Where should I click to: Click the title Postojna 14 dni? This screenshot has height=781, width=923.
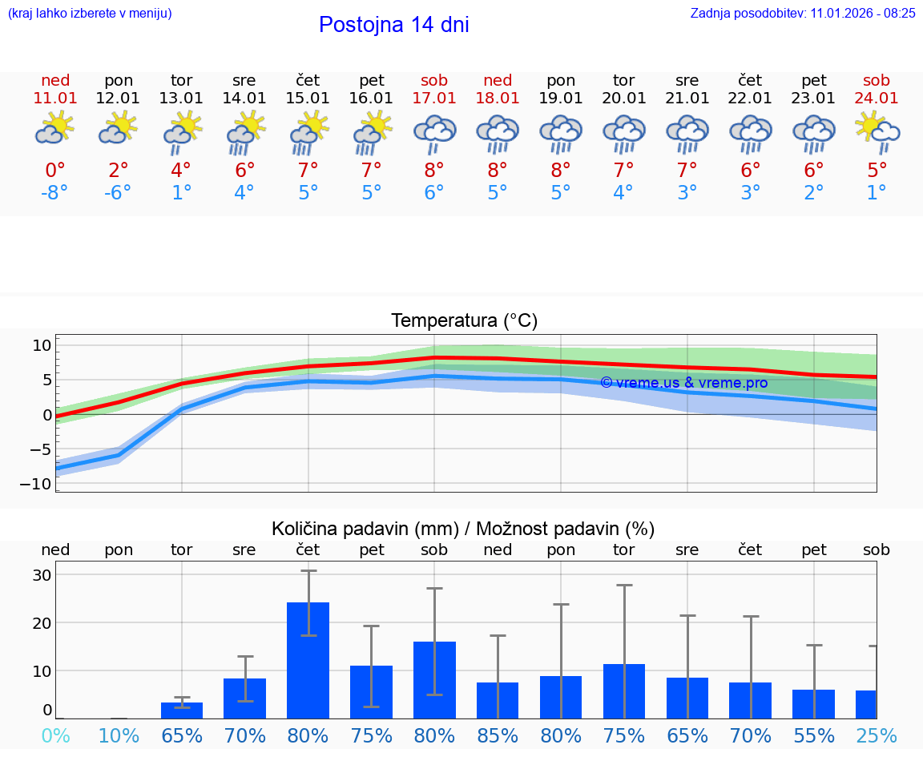393,25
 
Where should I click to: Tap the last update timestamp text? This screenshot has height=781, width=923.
803,13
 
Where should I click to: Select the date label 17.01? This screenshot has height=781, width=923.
434,99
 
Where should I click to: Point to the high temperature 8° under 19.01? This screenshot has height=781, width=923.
561,171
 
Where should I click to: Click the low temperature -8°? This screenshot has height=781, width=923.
55,193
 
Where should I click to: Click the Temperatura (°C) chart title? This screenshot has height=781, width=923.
464,321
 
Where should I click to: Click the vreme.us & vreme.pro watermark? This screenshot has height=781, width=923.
683,383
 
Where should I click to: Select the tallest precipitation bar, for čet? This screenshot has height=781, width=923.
308,660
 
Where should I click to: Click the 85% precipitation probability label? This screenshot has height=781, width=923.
498,735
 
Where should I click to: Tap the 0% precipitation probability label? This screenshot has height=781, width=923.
55,735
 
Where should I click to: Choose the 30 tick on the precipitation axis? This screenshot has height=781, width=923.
42,575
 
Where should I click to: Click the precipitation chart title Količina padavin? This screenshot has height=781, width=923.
463,529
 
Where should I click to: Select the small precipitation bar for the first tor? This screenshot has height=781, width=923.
182,710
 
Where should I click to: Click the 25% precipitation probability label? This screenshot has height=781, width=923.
877,735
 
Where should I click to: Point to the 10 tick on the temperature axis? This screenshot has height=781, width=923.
42,345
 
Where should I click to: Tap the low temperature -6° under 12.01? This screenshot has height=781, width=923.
118,193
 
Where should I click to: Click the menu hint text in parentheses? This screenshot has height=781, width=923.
90,13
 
